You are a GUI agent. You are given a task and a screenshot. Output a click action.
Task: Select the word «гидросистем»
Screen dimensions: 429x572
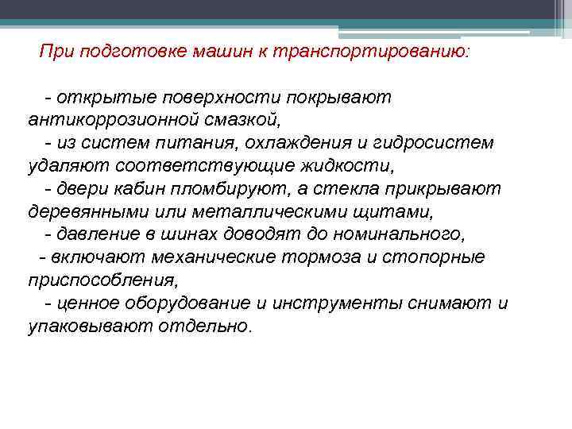pyautogui.click(x=435, y=143)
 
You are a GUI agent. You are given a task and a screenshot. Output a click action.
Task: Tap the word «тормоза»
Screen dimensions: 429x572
pyautogui.click(x=316, y=258)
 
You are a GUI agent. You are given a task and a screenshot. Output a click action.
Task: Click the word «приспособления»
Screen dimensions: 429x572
pyautogui.click(x=102, y=281)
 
